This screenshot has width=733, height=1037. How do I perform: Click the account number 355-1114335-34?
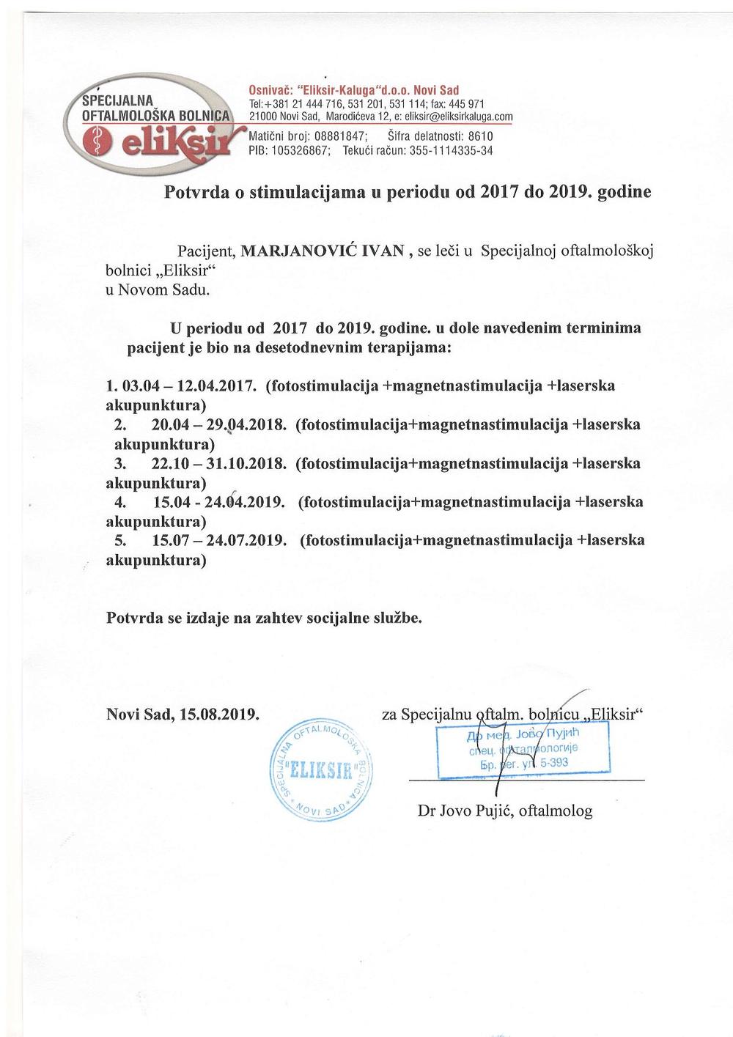pos(450,151)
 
